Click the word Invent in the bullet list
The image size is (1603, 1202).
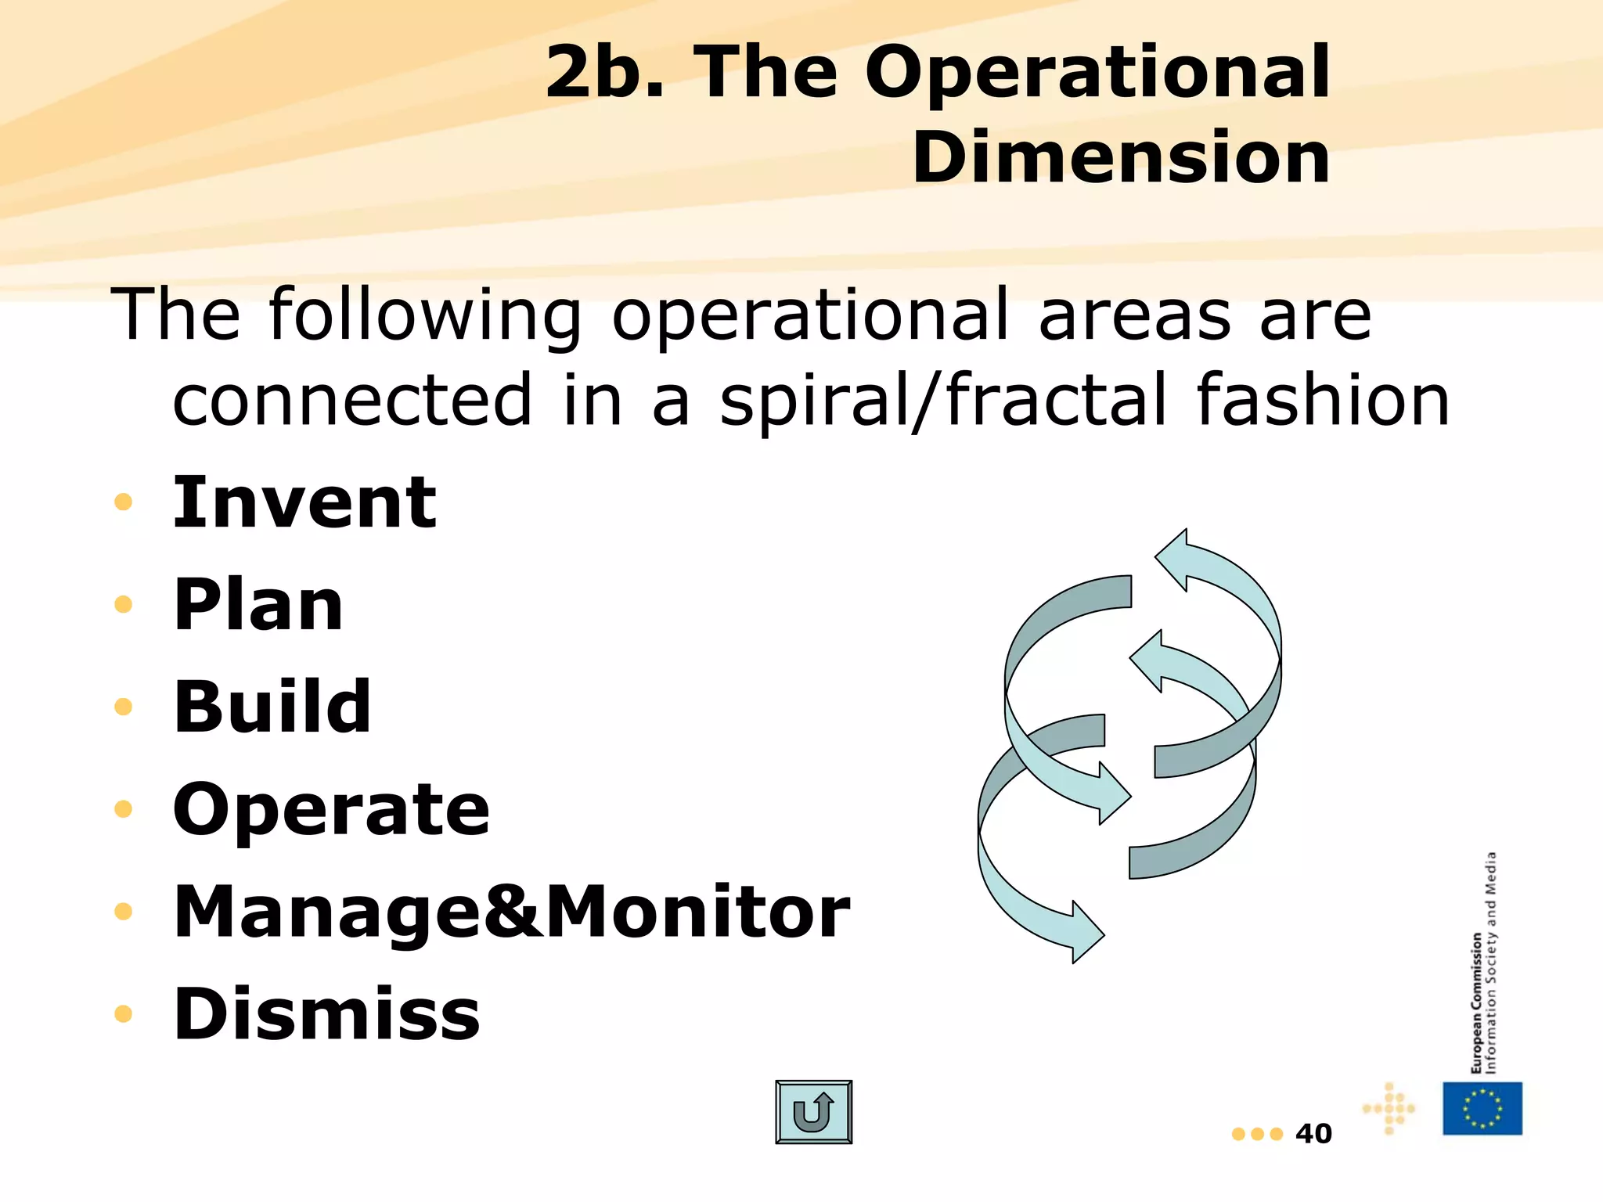[304, 502]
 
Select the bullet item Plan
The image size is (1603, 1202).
[258, 604]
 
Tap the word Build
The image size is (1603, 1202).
[272, 707]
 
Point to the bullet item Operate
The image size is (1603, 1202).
[331, 809]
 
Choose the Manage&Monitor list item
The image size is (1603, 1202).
[511, 912]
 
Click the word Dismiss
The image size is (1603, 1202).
[326, 1014]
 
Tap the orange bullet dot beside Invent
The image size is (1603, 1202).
[123, 502]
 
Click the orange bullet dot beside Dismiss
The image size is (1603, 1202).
[123, 1014]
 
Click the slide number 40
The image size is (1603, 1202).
[1313, 1134]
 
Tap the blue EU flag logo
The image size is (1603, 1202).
[1482, 1108]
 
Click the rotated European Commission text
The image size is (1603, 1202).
[1476, 1002]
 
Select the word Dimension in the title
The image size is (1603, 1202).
[1121, 157]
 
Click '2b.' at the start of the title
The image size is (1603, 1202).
[604, 72]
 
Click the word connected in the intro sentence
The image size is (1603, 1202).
[352, 401]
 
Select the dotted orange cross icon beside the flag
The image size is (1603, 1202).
[1389, 1108]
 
